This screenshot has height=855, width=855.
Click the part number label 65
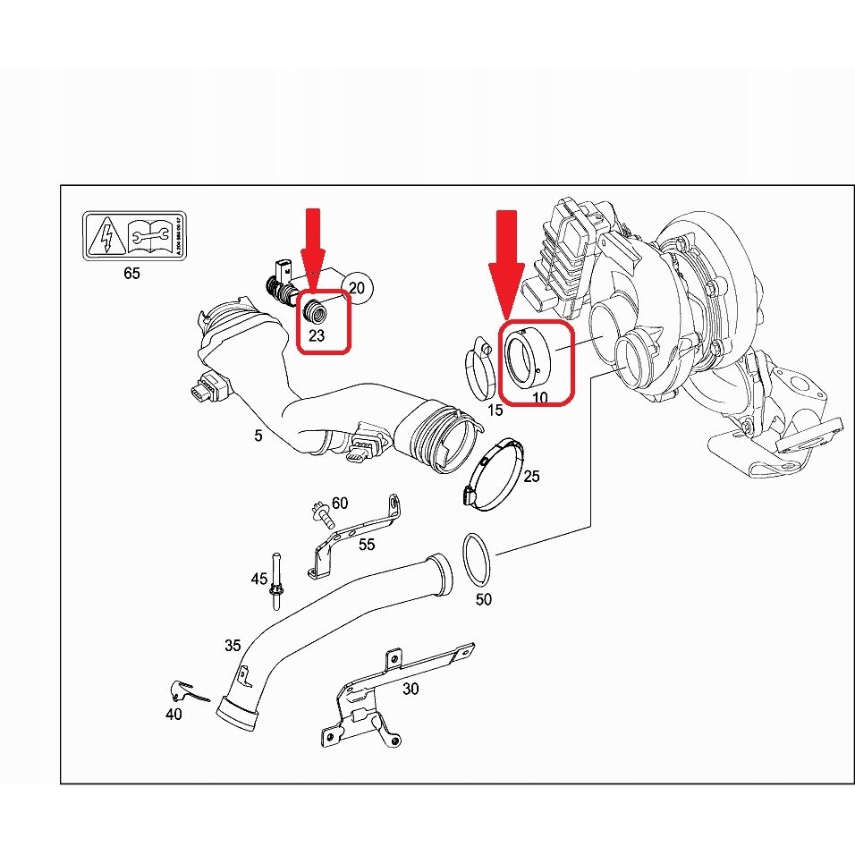pos(131,274)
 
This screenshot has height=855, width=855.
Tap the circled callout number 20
pos(357,288)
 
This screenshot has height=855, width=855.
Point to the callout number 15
pos(495,411)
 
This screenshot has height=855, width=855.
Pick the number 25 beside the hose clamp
pos(531,477)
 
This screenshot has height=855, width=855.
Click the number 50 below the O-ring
pos(483,599)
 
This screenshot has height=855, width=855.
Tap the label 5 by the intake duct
pos(258,436)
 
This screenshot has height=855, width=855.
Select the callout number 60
pos(340,503)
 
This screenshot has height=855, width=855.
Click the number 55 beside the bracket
pos(367,544)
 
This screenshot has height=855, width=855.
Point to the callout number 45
pos(258,580)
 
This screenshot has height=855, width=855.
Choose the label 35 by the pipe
pos(233,645)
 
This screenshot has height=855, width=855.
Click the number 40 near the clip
pos(174,714)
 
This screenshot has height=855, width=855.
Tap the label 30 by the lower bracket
pos(411,689)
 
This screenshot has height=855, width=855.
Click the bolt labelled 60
pos(320,514)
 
